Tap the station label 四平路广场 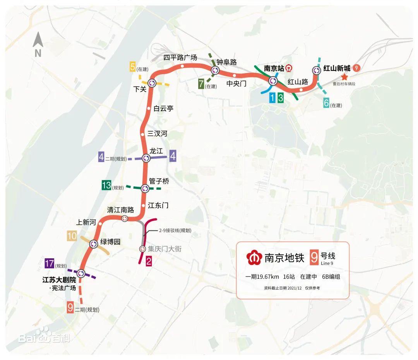[x=180, y=58]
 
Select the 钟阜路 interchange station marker [x=215, y=70]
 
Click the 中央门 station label [x=236, y=84]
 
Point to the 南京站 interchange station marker [x=273, y=81]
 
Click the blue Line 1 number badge [x=272, y=98]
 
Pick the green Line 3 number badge [x=281, y=98]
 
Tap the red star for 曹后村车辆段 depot [x=344, y=77]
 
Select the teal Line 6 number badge [x=326, y=104]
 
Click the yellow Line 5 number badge [x=132, y=67]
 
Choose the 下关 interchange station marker [x=151, y=83]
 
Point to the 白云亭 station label [x=163, y=109]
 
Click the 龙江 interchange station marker [x=146, y=158]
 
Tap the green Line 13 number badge [x=106, y=185]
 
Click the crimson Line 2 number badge [x=149, y=261]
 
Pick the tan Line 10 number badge [x=72, y=236]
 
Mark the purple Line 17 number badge [x=49, y=263]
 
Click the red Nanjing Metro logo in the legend [x=254, y=257]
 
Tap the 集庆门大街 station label [x=164, y=249]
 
